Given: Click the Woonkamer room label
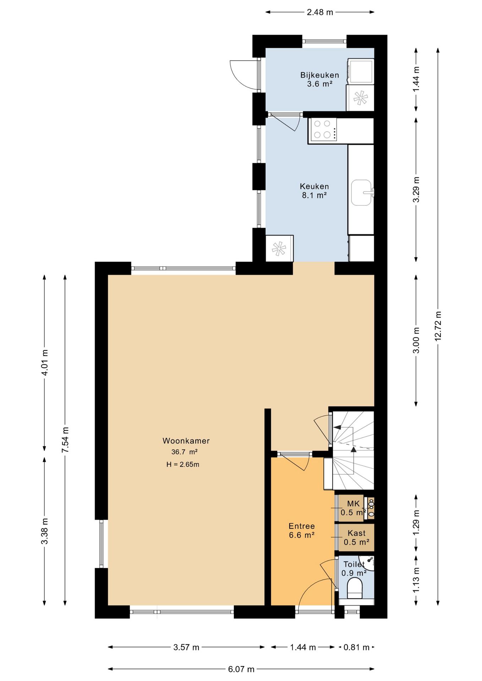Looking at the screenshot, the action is coord(186,441).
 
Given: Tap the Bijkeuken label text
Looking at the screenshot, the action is coord(319,75).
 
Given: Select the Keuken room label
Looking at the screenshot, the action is coord(314,186).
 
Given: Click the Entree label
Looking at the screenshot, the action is coord(302,526).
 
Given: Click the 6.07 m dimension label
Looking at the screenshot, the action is coord(241,669).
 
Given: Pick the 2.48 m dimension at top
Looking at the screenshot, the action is coord(320,12).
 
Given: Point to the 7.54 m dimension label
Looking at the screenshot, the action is coord(65,440).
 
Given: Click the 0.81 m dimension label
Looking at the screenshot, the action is coord(356,647).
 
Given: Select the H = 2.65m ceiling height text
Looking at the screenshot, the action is coord(183,464).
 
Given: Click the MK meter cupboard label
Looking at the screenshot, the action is coord(353,503).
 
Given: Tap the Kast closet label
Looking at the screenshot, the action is coord(357,533).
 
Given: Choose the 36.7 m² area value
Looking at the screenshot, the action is coord(185,452).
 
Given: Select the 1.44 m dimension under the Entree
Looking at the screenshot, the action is coord(303,647).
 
